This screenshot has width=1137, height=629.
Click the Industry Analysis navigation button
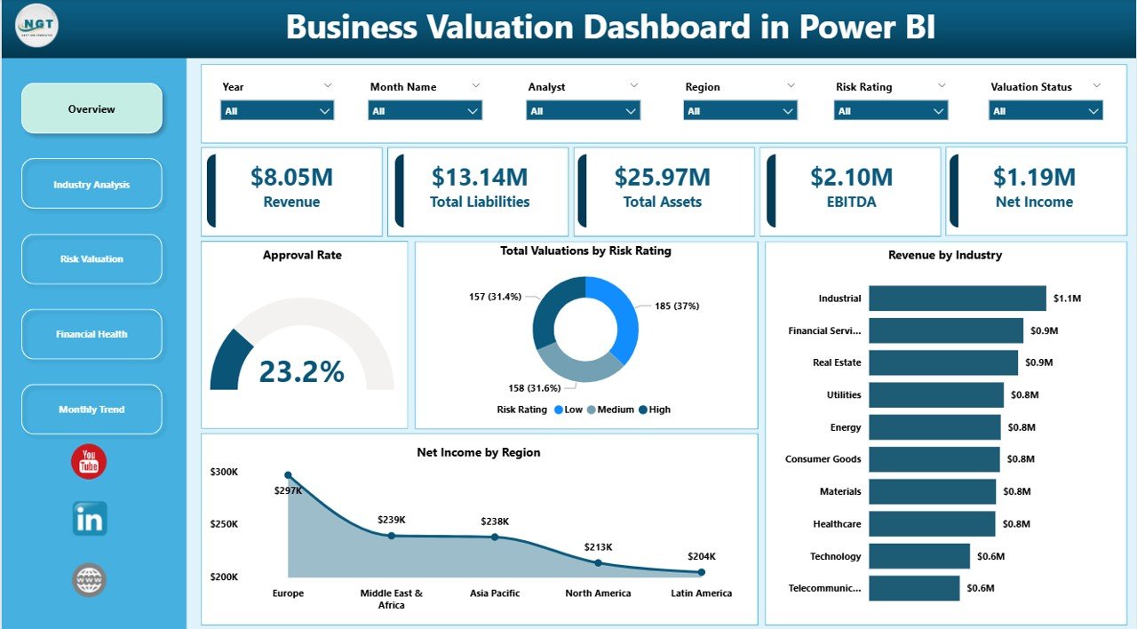[x=91, y=184]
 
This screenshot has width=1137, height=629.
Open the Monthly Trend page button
[x=91, y=410]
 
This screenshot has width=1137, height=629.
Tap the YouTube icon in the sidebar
[x=89, y=462]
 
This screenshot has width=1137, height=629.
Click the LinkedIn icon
[x=90, y=519]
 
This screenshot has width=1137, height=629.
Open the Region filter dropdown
[x=740, y=111]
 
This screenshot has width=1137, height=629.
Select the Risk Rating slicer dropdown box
[x=890, y=111]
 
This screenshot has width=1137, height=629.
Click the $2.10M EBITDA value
[x=851, y=177]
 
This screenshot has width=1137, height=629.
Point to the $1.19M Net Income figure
[x=1034, y=177]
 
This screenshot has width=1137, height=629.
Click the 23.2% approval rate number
[x=301, y=371]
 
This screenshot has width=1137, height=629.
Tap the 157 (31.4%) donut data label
[x=496, y=297]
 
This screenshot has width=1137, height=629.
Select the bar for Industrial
[x=957, y=299]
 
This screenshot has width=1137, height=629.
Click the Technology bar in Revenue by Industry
[x=918, y=556]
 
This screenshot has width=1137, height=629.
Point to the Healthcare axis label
[x=837, y=524]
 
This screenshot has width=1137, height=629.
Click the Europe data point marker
[x=288, y=476]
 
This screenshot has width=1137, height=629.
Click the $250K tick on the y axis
[x=224, y=524]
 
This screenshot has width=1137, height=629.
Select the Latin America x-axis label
[x=701, y=593]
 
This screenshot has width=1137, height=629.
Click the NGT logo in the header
[x=37, y=28]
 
